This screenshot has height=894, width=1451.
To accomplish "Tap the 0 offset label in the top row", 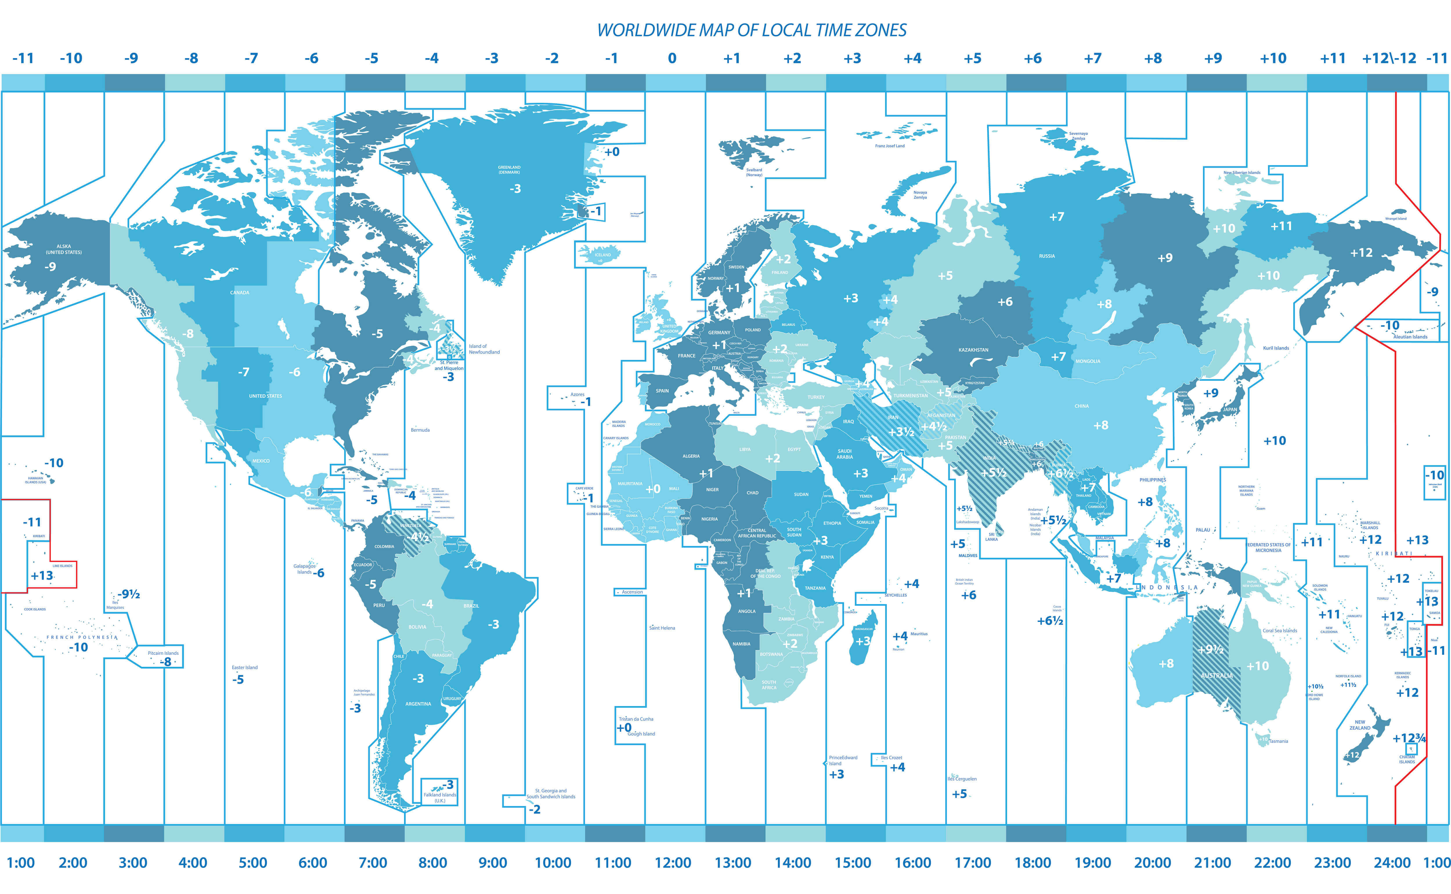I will [672, 59].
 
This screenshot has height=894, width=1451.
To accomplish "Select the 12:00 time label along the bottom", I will [673, 863].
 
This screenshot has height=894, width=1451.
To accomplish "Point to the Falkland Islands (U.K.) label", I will [440, 798].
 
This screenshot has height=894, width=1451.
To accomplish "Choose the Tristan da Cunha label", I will [636, 719].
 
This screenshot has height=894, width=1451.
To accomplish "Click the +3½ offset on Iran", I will [901, 432].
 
